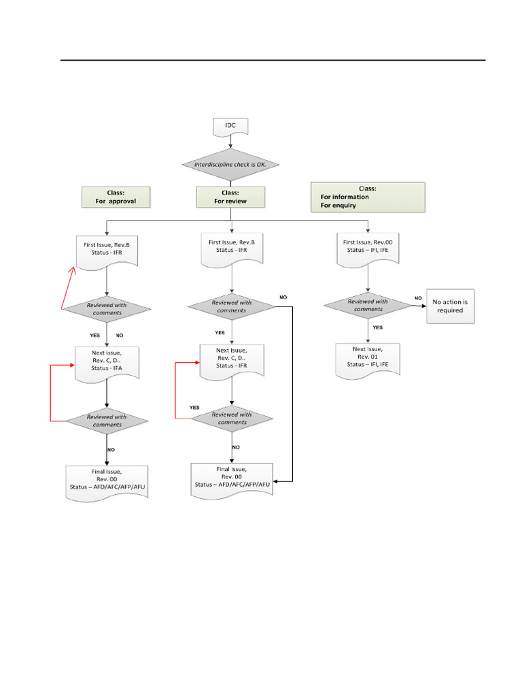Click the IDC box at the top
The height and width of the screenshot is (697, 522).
(232, 127)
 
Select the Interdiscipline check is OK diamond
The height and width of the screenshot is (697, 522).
(232, 165)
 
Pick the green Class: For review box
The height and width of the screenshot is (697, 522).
(230, 197)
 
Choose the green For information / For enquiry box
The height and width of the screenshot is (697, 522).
(367, 197)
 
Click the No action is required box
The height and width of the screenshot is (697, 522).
(450, 306)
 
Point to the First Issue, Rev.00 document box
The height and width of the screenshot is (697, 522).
(368, 249)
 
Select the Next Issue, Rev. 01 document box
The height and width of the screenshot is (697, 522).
(368, 359)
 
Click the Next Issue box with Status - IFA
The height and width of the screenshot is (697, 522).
(107, 362)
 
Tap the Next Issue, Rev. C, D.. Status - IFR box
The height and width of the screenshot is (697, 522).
(232, 361)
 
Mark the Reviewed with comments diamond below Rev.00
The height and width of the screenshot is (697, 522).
(368, 305)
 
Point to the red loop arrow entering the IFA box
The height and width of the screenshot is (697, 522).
(52, 395)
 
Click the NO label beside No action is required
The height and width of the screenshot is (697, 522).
(419, 298)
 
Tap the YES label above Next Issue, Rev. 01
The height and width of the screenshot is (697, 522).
(377, 327)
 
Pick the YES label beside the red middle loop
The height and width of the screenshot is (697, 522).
(194, 407)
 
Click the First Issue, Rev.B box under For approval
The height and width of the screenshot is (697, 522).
(107, 250)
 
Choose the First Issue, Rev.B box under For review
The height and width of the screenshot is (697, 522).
(232, 249)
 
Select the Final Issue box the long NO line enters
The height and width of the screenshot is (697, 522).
(232, 479)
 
